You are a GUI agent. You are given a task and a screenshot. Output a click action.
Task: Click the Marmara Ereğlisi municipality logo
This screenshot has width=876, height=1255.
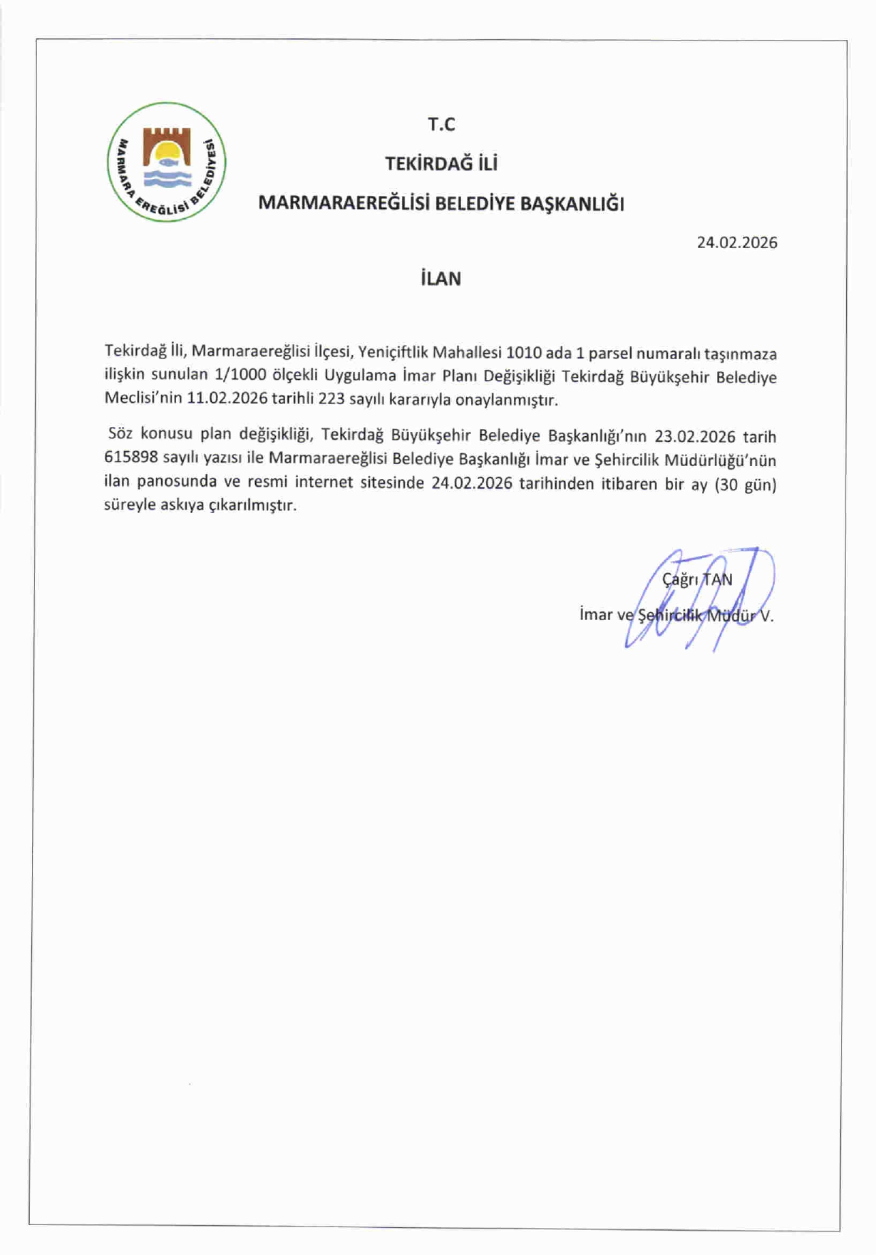(167, 162)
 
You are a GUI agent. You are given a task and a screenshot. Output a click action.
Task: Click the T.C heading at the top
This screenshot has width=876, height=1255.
(441, 124)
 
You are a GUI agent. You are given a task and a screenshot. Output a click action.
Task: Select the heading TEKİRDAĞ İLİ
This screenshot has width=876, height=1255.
(441, 164)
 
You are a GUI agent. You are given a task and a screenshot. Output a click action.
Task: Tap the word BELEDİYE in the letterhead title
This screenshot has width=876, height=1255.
(475, 204)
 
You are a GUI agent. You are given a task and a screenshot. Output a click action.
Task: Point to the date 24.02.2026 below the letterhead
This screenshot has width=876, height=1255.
(737, 242)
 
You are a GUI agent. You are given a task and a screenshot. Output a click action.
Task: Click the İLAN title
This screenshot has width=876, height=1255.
(441, 278)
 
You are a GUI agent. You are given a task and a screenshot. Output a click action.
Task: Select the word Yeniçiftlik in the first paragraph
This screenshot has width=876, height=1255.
(393, 352)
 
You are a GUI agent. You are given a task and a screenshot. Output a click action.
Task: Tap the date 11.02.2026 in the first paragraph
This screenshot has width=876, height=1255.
(227, 398)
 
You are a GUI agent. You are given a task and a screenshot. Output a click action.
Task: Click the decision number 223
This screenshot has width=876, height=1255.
(331, 399)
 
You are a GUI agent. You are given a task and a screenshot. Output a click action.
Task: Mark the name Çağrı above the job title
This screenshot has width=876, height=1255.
(680, 579)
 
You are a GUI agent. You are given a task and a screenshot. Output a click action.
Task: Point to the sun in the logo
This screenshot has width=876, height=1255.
(168, 152)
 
